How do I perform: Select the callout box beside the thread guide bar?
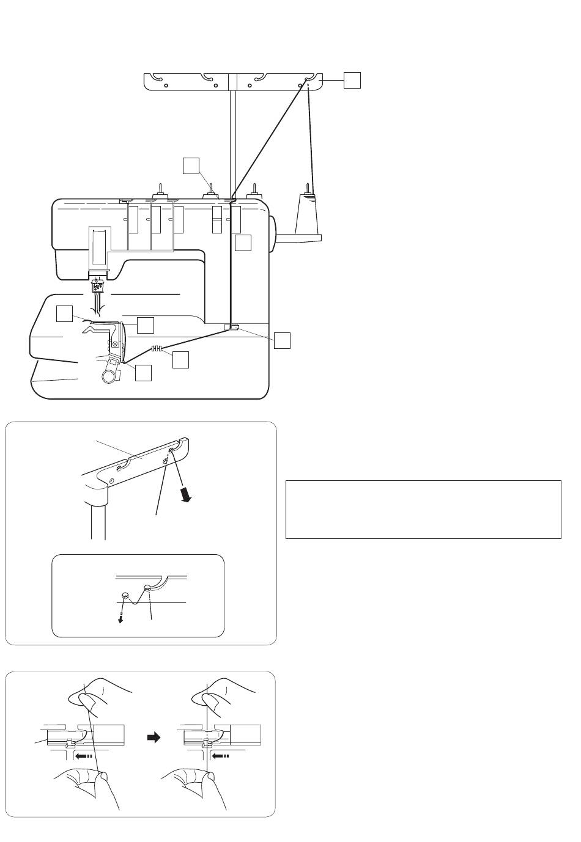click(x=352, y=80)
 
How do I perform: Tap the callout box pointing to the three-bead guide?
click(x=180, y=360)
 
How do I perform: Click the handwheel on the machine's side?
click(x=273, y=232)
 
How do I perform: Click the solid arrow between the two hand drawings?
click(x=154, y=738)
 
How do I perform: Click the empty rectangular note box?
click(x=423, y=509)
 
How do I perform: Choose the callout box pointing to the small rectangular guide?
click(x=281, y=340)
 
